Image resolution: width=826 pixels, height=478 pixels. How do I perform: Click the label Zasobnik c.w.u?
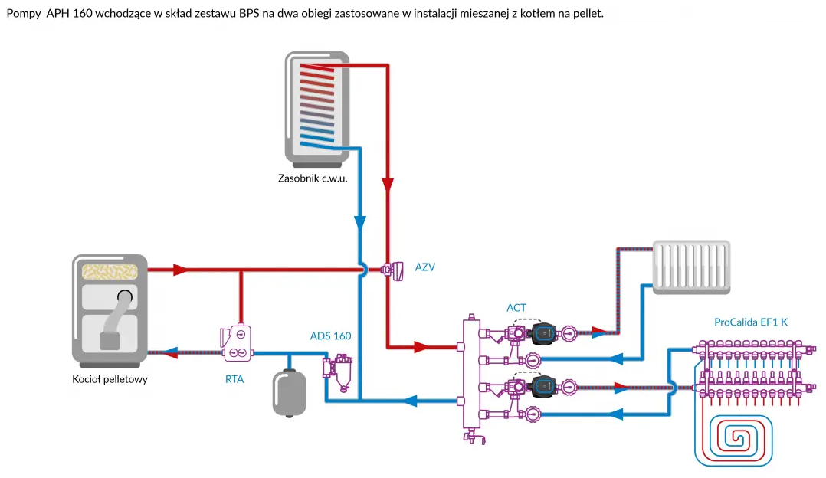[x=313, y=180]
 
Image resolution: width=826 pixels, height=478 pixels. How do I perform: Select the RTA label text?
[x=234, y=378]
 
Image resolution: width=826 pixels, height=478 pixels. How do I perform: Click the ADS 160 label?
[x=330, y=336]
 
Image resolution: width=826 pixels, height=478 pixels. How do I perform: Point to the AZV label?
[x=425, y=267]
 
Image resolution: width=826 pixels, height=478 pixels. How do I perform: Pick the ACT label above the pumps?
[x=516, y=308]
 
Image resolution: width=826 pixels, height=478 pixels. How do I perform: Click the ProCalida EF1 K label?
[x=750, y=322]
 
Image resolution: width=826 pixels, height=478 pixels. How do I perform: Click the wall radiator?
[x=690, y=267]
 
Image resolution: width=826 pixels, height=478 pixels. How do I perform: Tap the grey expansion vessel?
[x=289, y=391]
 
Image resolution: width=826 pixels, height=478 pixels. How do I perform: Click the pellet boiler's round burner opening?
[x=124, y=296]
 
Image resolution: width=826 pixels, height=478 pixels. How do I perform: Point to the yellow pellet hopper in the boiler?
[x=109, y=270]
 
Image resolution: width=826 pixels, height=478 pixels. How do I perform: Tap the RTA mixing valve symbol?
[x=237, y=343]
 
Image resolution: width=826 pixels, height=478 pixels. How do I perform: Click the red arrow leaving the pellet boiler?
[x=181, y=270]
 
